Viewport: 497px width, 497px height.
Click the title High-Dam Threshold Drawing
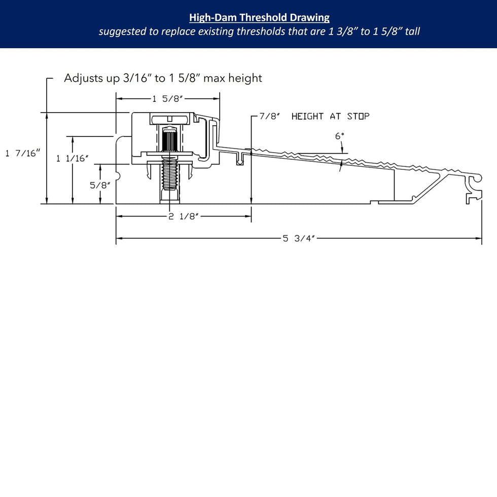point(259,18)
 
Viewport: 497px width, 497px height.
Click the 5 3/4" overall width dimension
point(299,238)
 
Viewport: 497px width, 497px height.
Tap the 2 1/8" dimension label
point(183,217)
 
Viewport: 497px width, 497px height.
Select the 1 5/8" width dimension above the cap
point(167,99)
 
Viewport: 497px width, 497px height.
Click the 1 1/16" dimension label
point(72,158)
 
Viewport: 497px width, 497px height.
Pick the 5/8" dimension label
point(100,185)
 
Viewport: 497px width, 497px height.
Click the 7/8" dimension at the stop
point(270,116)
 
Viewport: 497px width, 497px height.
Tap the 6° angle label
point(339,136)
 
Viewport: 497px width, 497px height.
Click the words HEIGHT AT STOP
point(330,116)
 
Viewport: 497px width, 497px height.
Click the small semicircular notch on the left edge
point(118,176)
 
